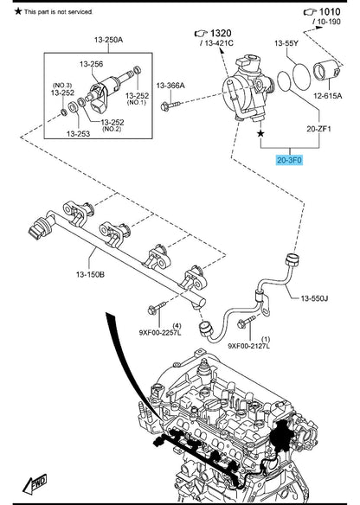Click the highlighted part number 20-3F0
[289, 160]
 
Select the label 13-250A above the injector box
[109, 40]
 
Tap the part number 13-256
[92, 64]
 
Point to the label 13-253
[78, 133]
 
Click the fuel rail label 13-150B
[90, 274]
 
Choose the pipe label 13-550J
[314, 298]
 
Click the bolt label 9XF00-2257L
[160, 332]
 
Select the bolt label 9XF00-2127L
[249, 346]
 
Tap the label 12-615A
[328, 96]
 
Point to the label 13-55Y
[286, 43]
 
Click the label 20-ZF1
[318, 129]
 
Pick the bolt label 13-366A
[170, 86]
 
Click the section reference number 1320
[221, 33]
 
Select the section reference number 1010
[330, 12]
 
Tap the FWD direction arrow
[35, 483]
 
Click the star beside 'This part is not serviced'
[18, 11]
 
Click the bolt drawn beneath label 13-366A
[170, 105]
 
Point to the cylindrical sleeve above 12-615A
[326, 71]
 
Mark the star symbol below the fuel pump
[260, 133]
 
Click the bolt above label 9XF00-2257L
[157, 307]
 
